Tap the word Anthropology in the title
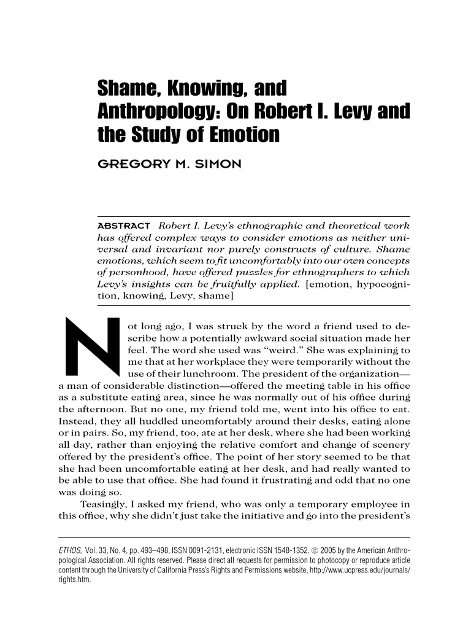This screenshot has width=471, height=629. coord(159,112)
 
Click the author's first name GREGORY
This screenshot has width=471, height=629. coord(134,164)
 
